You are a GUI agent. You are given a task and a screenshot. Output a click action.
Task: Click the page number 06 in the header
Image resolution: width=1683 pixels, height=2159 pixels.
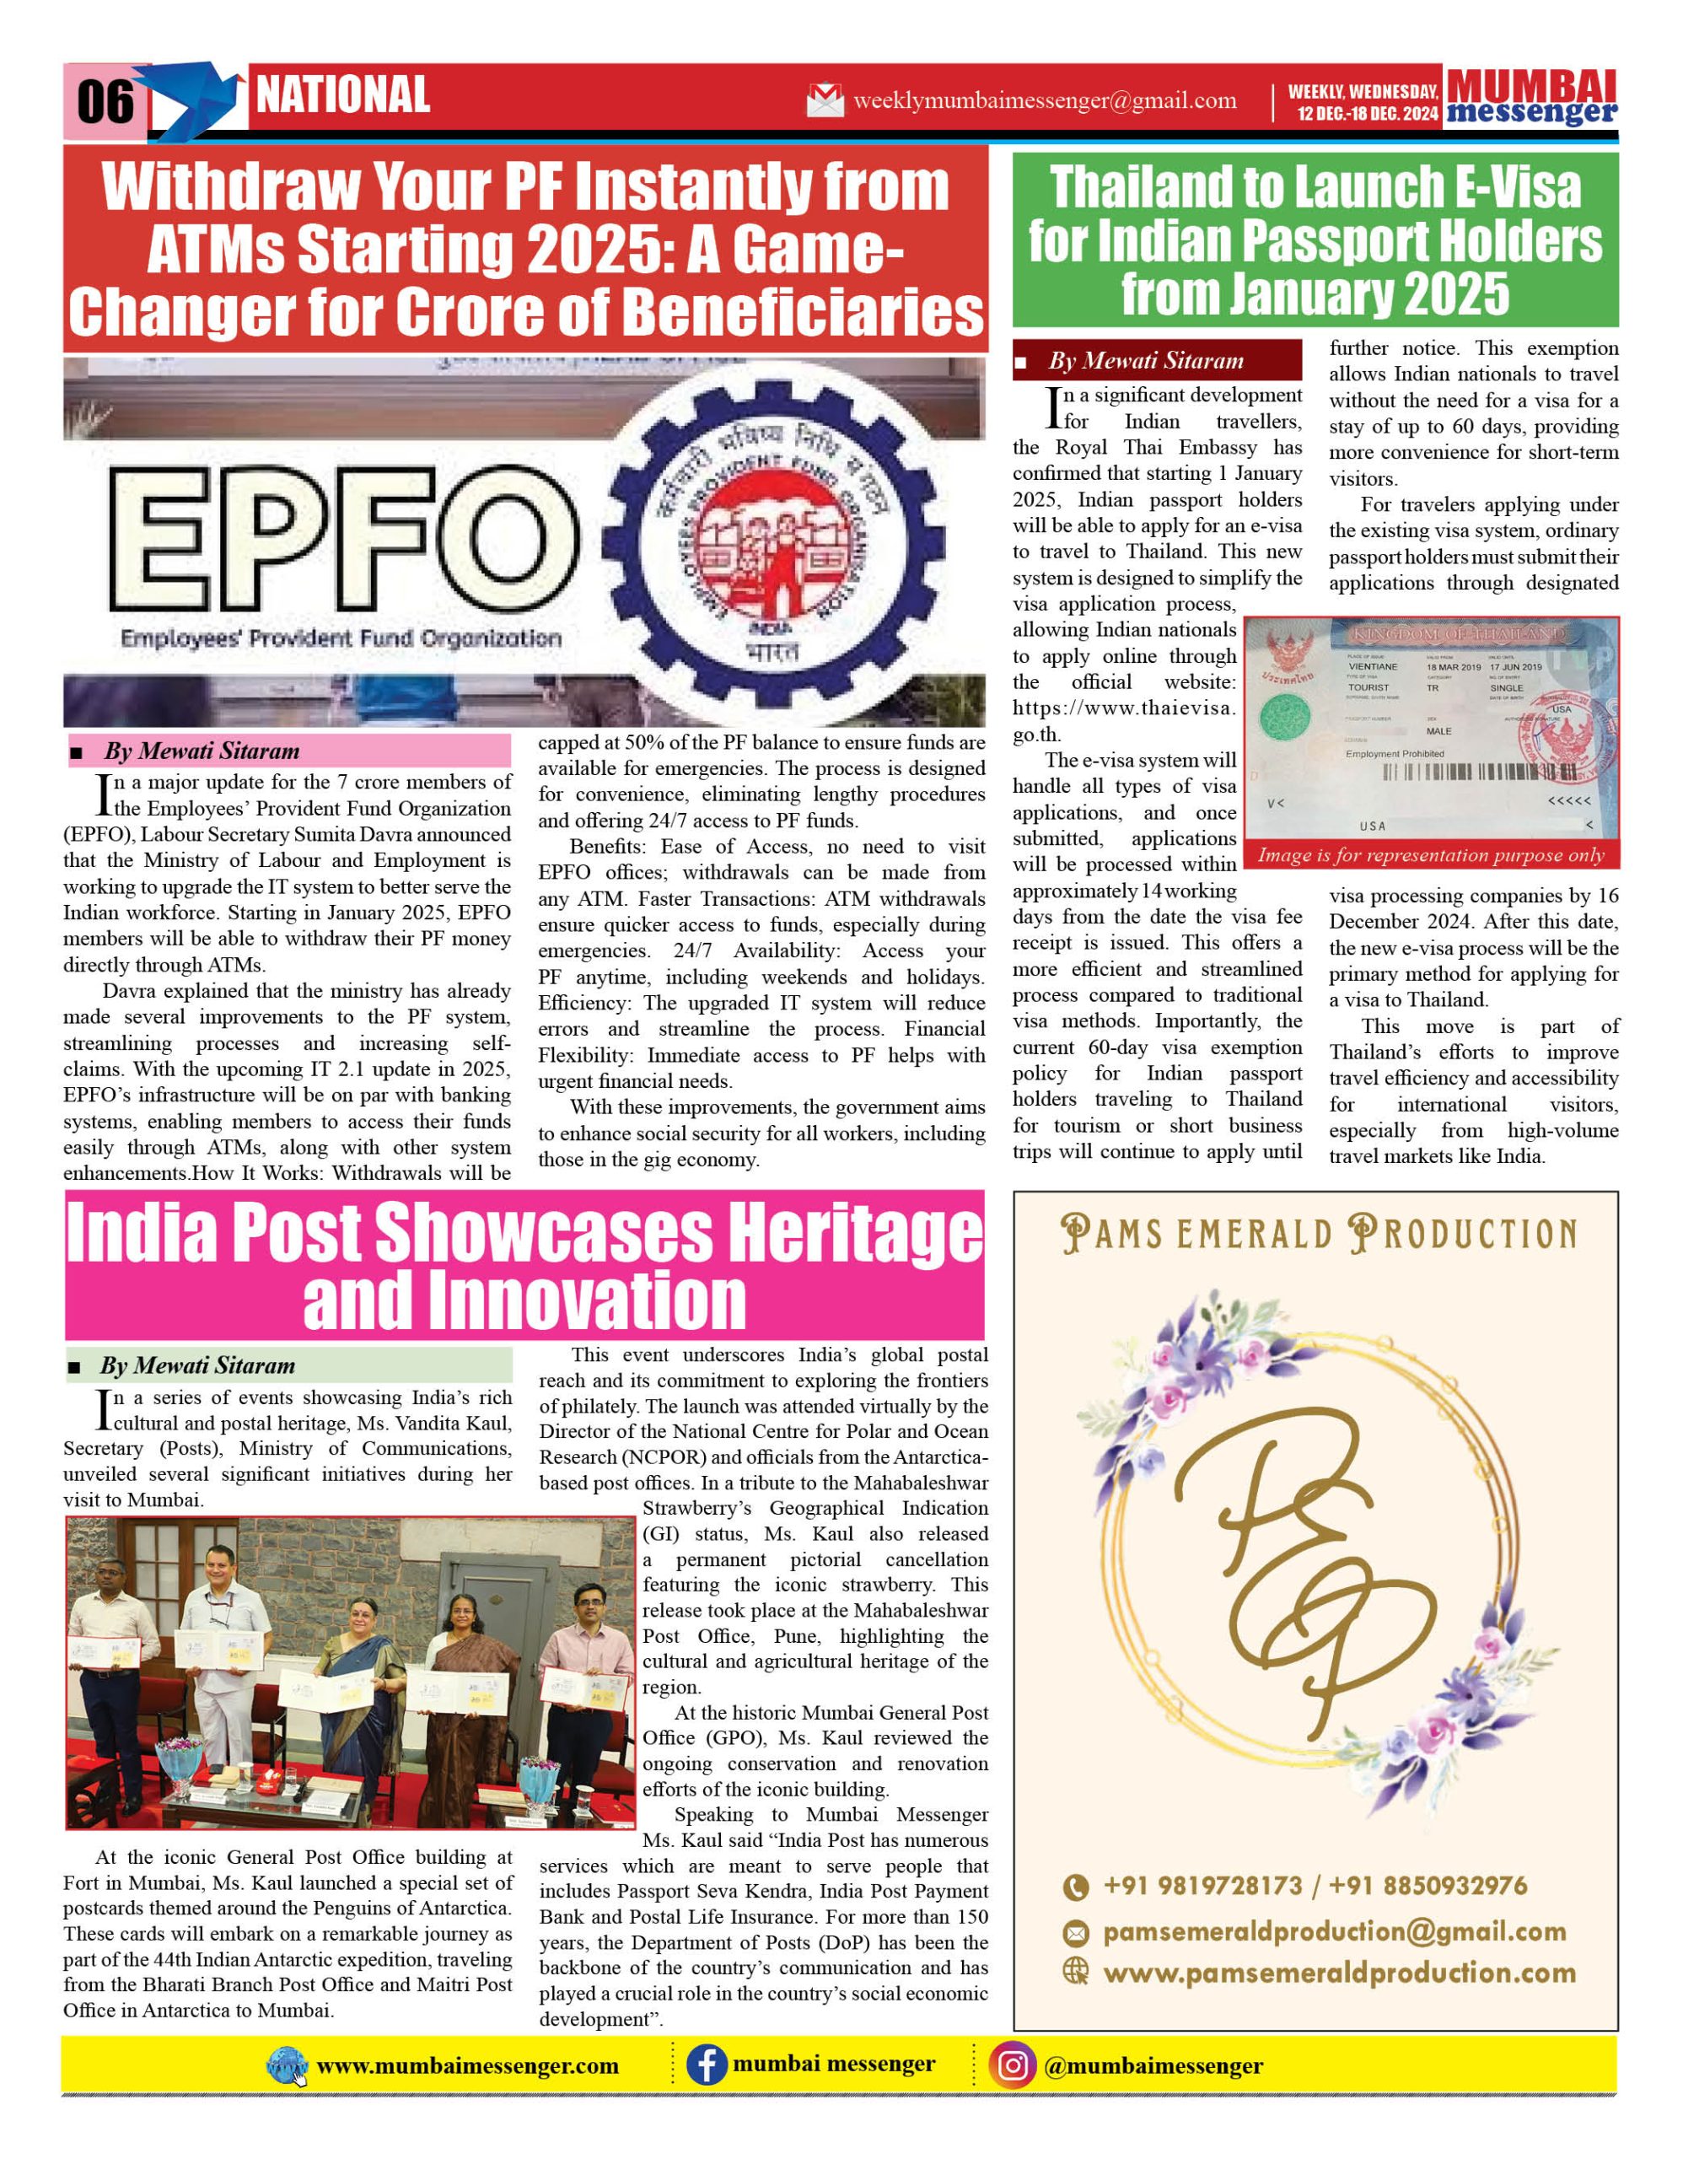(x=105, y=101)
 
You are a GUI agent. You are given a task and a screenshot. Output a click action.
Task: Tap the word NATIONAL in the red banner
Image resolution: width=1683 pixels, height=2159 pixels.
(x=343, y=95)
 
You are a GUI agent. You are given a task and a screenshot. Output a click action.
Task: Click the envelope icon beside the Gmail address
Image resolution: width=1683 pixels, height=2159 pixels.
(x=825, y=101)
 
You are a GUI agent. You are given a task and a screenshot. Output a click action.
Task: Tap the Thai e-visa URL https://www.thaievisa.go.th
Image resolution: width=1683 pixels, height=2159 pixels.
(x=1124, y=721)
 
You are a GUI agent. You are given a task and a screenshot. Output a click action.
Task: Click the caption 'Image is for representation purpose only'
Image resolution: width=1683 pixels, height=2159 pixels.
(x=1430, y=855)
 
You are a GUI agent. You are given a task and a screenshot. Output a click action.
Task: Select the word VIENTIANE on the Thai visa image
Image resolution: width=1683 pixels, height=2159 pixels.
(x=1373, y=667)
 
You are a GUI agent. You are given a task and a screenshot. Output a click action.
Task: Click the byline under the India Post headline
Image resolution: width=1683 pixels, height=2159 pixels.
(x=196, y=1365)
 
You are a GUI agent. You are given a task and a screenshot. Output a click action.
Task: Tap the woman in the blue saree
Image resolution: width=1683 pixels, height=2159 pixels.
(x=360, y=1681)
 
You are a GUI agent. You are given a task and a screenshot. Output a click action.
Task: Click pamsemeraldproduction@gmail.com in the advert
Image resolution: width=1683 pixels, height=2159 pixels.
(x=1334, y=1931)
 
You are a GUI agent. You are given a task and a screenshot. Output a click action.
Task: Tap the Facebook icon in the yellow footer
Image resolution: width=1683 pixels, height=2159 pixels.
(x=706, y=2066)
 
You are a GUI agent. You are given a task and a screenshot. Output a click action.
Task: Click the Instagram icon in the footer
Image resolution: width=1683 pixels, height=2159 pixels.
(x=1012, y=2066)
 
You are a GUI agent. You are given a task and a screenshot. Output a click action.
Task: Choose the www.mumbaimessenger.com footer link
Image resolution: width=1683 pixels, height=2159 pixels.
(x=466, y=2066)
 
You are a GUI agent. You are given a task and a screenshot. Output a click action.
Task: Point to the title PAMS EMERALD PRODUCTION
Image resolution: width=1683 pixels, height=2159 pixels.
(x=1319, y=1235)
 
